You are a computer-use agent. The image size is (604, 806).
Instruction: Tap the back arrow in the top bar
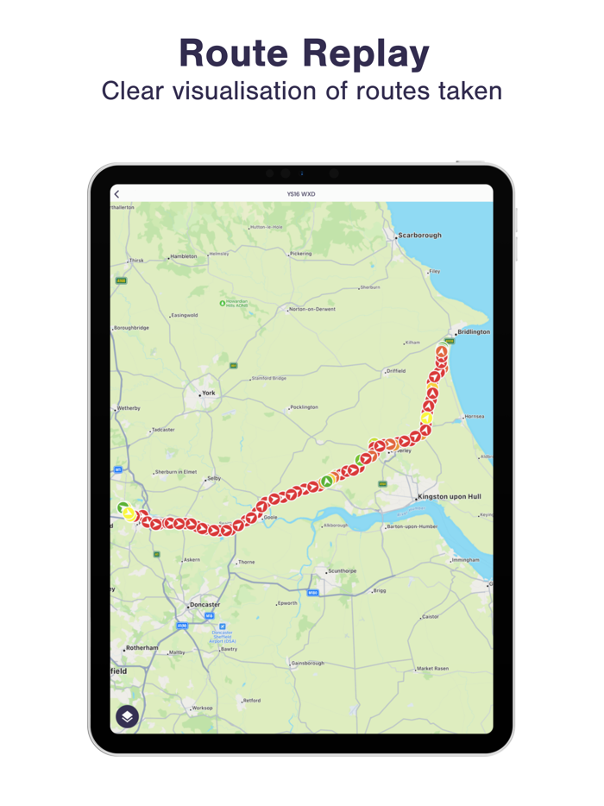point(117,194)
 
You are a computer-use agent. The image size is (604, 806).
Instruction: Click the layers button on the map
point(127,716)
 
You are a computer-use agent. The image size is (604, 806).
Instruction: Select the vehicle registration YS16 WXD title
point(301,194)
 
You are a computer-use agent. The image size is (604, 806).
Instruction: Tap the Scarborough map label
point(419,235)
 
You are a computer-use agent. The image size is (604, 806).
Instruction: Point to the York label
point(208,394)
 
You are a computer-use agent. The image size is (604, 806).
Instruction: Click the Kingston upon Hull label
point(449,497)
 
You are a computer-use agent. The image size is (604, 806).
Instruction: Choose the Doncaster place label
point(204,605)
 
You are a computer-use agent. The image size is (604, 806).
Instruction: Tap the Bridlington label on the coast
point(473,332)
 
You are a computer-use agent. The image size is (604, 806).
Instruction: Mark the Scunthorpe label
point(342,571)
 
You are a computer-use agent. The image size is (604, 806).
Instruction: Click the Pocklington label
point(304,407)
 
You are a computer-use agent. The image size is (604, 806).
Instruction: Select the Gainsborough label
point(308,663)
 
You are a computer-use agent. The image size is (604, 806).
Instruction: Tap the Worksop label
point(202,708)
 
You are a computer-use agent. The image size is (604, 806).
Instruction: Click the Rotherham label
point(142,648)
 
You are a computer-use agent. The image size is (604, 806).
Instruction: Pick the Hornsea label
point(475,417)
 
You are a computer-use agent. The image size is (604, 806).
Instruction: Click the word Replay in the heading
point(367,54)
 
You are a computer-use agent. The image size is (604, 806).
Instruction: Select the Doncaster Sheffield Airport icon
point(223,627)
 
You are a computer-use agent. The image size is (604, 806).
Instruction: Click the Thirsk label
point(136,260)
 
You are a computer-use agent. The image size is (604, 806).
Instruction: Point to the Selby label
point(213,478)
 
